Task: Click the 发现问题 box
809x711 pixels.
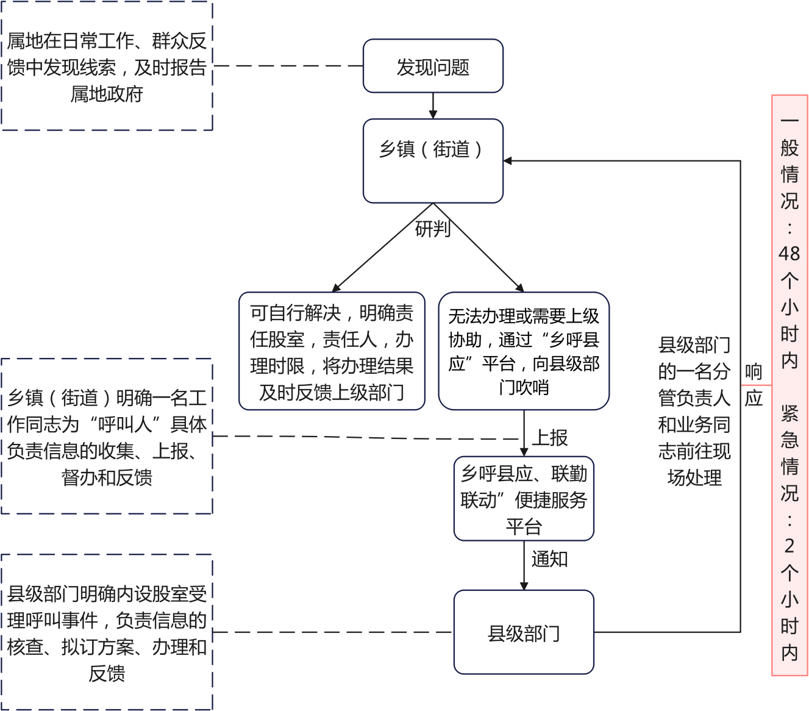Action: coord(433,66)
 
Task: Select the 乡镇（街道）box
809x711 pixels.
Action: coord(433,160)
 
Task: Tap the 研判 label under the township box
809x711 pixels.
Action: coord(432,229)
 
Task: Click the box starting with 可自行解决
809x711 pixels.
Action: coord(332,351)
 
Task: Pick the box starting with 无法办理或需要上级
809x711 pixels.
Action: coord(524,351)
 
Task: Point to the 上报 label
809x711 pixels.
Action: coord(550,437)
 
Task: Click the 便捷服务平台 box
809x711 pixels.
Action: coord(524,499)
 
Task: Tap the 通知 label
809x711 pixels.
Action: coord(549,559)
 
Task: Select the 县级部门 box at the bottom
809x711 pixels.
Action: coord(524,632)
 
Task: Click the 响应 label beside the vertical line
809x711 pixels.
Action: coord(754,385)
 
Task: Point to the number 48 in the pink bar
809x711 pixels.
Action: coord(789,253)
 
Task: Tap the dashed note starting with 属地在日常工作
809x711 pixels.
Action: coord(107,66)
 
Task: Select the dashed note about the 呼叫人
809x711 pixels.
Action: coord(107,437)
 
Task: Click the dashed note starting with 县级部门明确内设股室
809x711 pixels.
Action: coord(107,632)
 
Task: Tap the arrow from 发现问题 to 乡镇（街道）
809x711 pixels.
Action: coord(433,105)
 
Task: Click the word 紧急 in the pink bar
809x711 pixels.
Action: coord(789,426)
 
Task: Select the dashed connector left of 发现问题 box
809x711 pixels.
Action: coord(288,66)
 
